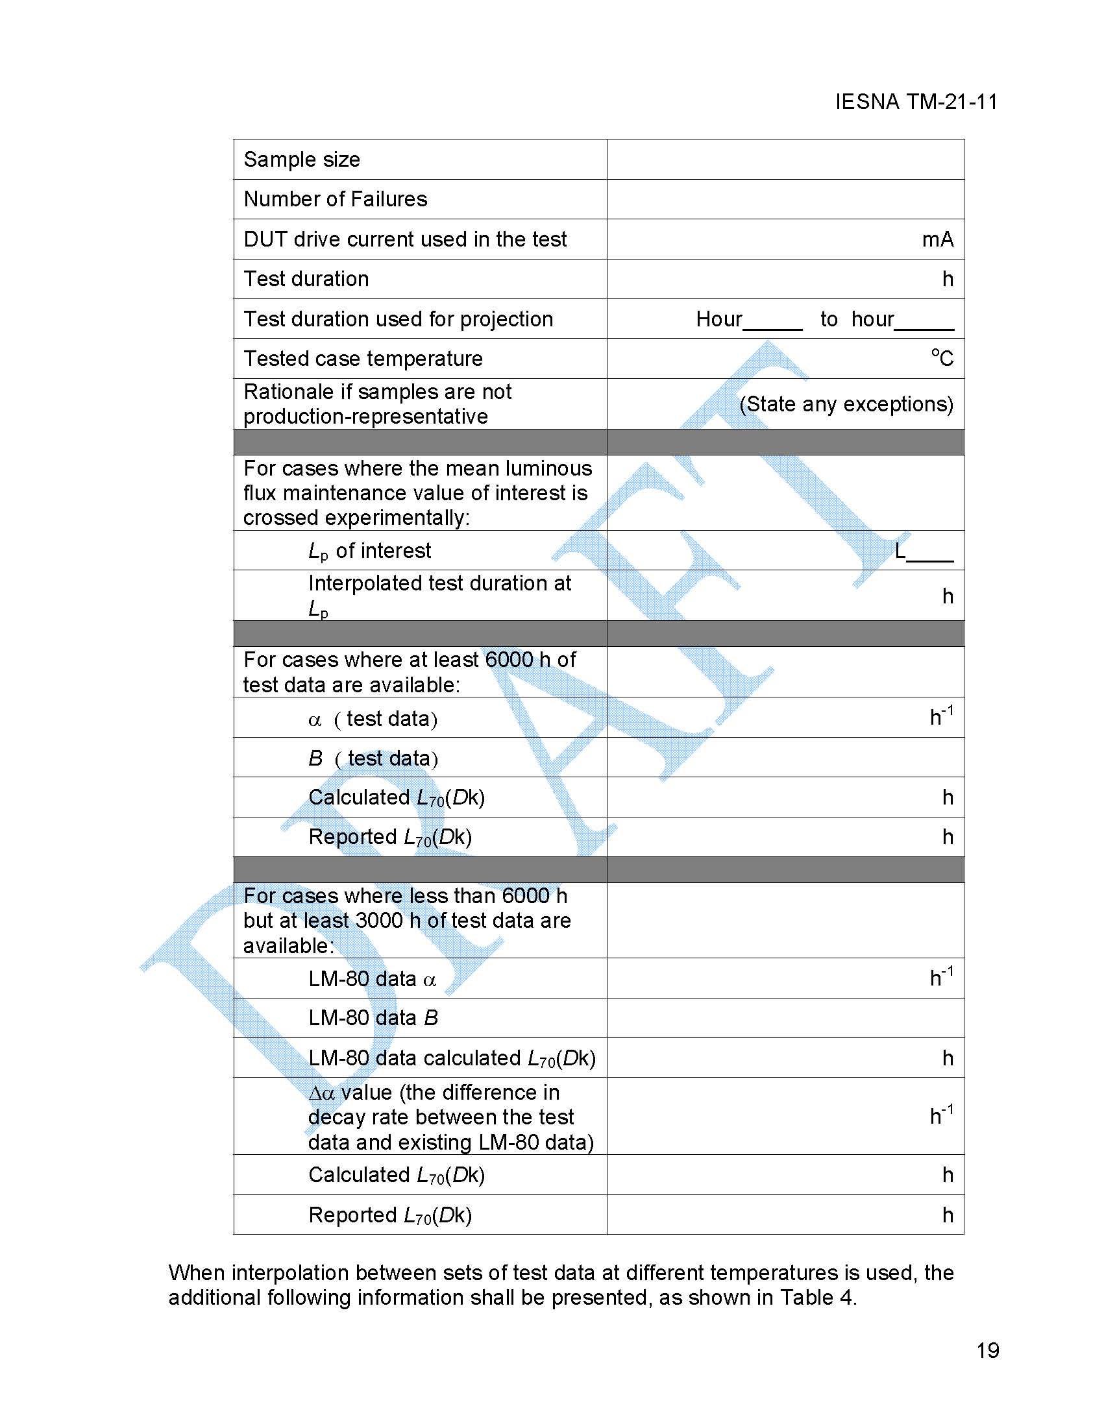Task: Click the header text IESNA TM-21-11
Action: (916, 102)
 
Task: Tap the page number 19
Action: (988, 1351)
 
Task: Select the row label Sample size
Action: (302, 160)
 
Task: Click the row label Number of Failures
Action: (335, 199)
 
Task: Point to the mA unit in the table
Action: (937, 239)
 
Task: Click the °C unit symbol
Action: (942, 357)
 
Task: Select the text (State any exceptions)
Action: (846, 404)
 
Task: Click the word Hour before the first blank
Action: (718, 319)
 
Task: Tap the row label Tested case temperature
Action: (363, 358)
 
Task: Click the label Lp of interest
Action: (369, 551)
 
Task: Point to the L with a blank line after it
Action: (901, 551)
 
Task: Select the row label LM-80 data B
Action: (373, 1018)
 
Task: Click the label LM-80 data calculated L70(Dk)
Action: (451, 1058)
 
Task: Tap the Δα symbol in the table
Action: (322, 1093)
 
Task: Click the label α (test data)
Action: (372, 719)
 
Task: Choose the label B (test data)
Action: (373, 758)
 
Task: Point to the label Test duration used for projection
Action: (399, 319)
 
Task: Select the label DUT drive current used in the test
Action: (405, 239)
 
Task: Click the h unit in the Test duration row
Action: (948, 279)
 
